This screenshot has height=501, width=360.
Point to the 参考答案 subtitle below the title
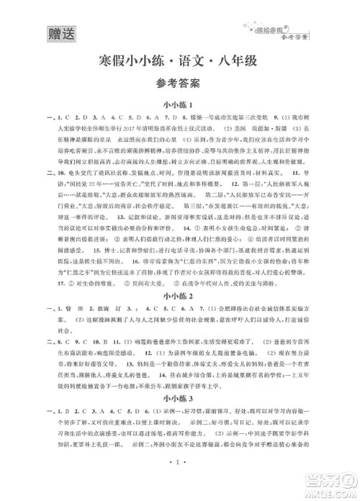click(180, 83)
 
